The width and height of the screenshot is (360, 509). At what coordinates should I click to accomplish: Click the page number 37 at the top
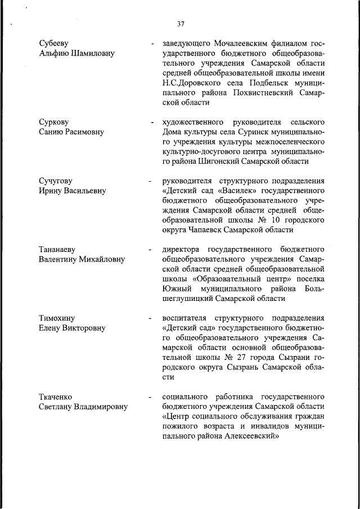tap(181, 24)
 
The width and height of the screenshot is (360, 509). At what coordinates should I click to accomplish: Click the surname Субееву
tap(56, 43)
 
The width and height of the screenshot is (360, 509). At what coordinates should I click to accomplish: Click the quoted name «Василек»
tap(232, 191)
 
